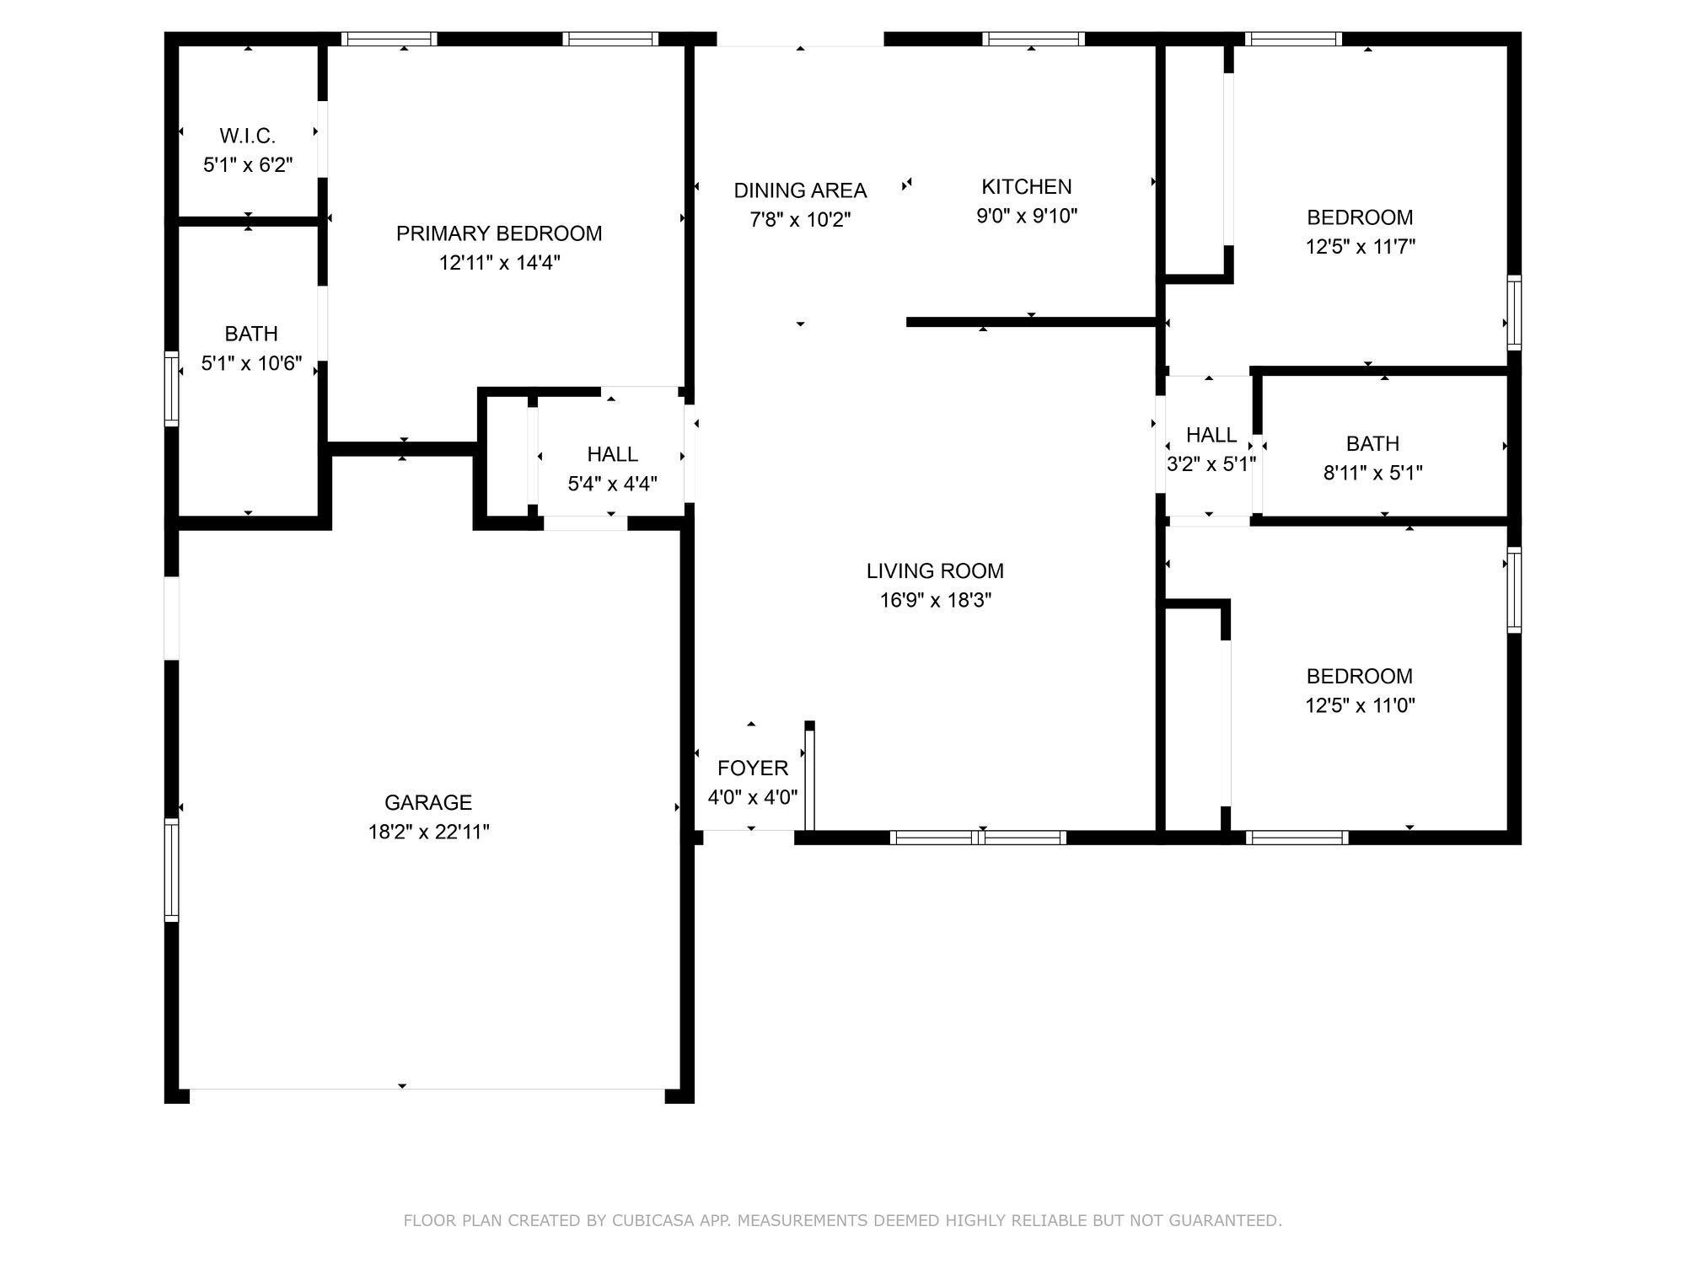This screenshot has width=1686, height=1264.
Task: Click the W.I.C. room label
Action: (248, 136)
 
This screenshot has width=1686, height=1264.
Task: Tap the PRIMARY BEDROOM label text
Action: (499, 233)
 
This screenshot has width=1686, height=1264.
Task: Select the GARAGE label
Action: (428, 802)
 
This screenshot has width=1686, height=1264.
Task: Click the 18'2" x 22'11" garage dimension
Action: (428, 832)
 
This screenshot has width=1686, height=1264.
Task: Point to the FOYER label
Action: (753, 768)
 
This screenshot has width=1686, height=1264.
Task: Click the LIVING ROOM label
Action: (935, 570)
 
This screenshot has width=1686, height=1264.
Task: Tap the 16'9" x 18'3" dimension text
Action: (935, 600)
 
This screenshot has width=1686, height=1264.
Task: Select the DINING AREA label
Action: (800, 190)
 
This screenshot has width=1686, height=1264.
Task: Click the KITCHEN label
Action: (1027, 186)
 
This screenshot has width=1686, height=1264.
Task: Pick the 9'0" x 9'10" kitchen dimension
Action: (1027, 216)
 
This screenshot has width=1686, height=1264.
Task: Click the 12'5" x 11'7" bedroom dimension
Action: (1360, 247)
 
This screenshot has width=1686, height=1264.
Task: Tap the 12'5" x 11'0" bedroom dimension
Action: (1360, 705)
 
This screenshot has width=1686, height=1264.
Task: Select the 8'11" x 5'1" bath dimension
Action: (1372, 473)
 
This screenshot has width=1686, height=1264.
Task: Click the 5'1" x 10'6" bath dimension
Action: (251, 363)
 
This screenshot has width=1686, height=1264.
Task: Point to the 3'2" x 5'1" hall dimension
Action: (1211, 464)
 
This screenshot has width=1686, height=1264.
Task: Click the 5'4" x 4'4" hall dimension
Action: (612, 484)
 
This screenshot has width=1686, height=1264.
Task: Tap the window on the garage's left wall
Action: (171, 870)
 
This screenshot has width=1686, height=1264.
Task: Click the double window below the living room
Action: (978, 838)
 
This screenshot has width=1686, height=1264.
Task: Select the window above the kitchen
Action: (1034, 39)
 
